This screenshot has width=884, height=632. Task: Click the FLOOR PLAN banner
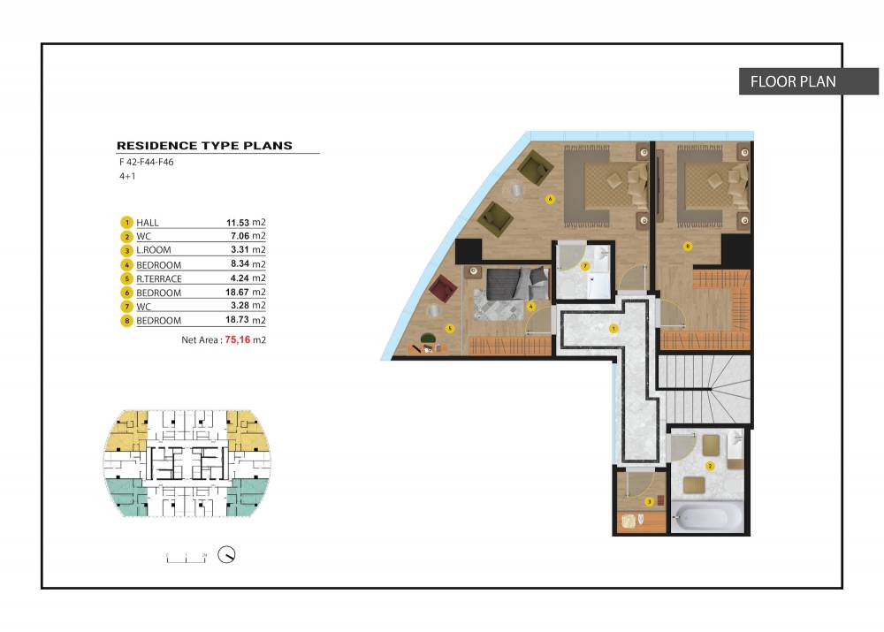pos(809,81)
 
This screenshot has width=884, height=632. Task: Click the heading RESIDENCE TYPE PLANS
pos(205,146)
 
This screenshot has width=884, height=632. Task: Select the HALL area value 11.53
pos(237,223)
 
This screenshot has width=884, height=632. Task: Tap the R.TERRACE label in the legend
pos(159,278)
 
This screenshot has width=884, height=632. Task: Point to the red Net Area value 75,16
pos(237,340)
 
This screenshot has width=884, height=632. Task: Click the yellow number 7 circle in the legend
pos(126,307)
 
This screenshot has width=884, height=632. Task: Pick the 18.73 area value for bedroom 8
pos(237,320)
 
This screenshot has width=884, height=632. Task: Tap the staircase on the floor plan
pos(705,388)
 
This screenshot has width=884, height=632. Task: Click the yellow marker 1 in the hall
pos(613,328)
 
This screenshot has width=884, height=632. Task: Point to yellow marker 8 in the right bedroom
pos(687,246)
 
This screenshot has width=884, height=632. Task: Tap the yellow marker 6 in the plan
pos(550,199)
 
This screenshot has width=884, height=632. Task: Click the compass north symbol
pos(226,555)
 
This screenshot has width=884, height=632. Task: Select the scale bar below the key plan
pos(187,559)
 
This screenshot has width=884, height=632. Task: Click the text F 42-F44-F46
pos(146,162)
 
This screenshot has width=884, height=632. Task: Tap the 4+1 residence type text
pos(127,176)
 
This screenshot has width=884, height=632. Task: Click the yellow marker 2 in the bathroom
pos(710,466)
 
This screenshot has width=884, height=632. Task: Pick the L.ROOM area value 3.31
pos(240,250)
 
